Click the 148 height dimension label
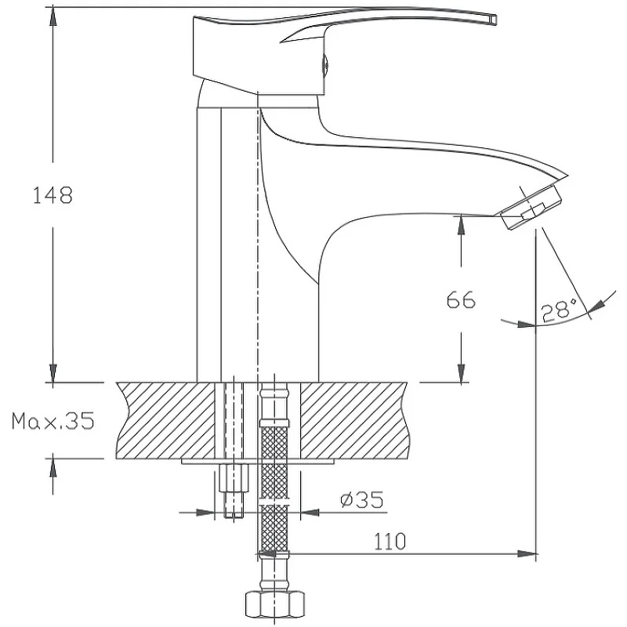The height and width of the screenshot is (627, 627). point(53,195)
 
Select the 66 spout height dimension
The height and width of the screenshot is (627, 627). point(461,300)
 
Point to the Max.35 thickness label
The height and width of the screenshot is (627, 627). point(53,421)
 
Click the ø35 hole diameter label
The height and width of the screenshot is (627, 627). point(362,499)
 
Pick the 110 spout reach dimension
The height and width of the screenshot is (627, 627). point(390,542)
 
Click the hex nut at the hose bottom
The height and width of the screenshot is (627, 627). point(274,606)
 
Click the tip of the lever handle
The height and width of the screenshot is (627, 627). point(495,20)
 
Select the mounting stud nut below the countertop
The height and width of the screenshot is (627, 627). point(234,478)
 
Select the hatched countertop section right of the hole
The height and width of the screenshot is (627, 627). point(354,420)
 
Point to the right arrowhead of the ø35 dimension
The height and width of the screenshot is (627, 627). point(310,513)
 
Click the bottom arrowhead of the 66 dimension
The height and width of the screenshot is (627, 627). point(461,373)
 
